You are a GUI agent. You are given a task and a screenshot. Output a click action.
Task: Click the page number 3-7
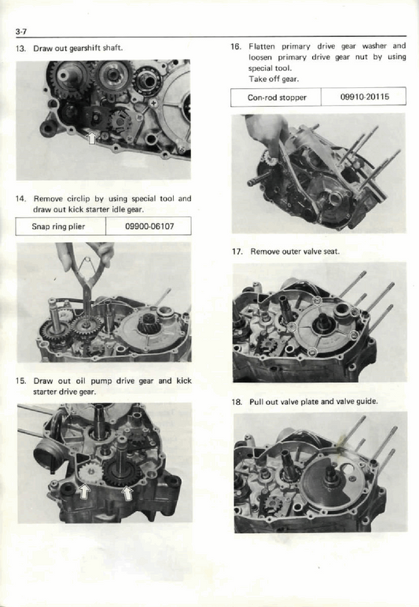tap(20, 31)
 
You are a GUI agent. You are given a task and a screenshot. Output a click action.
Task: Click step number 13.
tap(21, 49)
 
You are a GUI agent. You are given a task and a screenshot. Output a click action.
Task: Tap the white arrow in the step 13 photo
tap(93, 138)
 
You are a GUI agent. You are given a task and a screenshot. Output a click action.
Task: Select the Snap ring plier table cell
tap(61, 226)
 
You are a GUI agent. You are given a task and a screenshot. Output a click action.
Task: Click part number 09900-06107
tap(149, 226)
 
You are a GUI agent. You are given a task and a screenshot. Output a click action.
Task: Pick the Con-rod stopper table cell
tap(276, 97)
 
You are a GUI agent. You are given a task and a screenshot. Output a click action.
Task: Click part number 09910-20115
tap(363, 97)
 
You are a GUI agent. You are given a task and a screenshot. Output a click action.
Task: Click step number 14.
tap(21, 199)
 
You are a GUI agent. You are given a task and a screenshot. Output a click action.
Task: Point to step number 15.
tap(21, 381)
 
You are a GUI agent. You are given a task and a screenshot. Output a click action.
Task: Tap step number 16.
tap(236, 46)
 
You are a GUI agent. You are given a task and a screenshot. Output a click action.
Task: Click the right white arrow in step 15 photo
tap(128, 495)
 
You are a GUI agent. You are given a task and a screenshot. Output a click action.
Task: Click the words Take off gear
tap(273, 79)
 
